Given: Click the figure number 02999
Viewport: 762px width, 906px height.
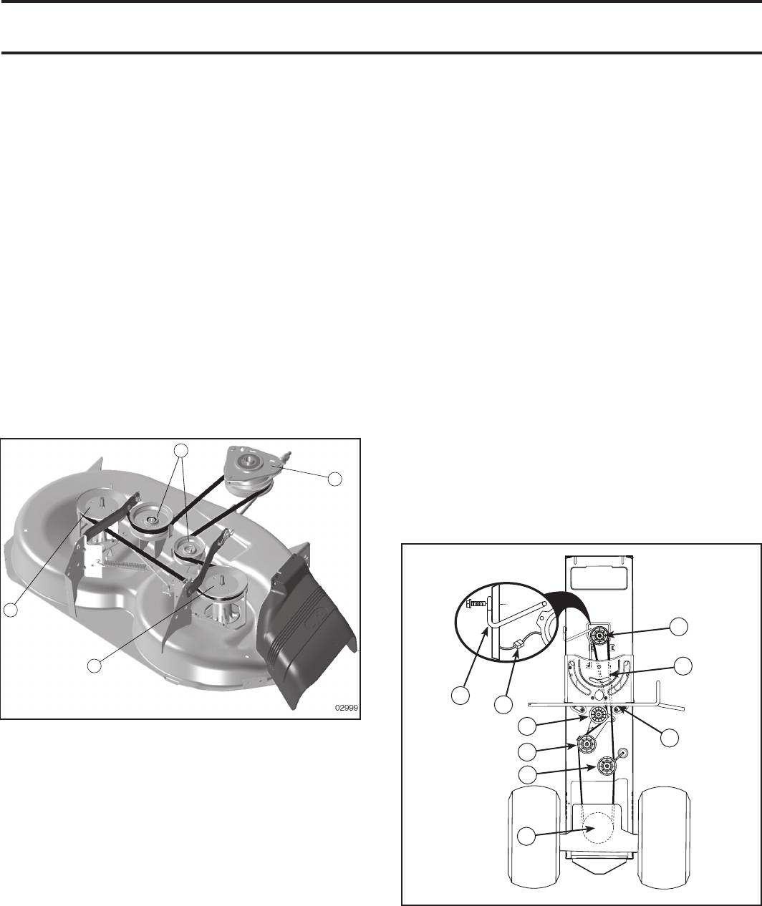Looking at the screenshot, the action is tap(346, 707).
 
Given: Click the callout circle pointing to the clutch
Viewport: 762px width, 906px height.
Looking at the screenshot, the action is tap(334, 479).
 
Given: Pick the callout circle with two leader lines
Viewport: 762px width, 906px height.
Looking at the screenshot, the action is tap(182, 450).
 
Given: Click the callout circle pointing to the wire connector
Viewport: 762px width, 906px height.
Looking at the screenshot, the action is tap(503, 706).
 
